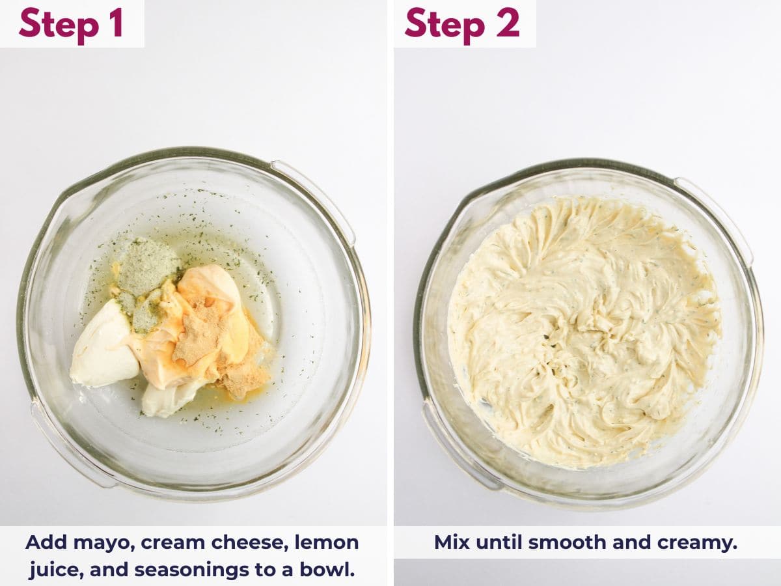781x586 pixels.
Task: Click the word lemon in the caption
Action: (x=327, y=543)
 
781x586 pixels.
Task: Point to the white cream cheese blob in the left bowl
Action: (x=103, y=348)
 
